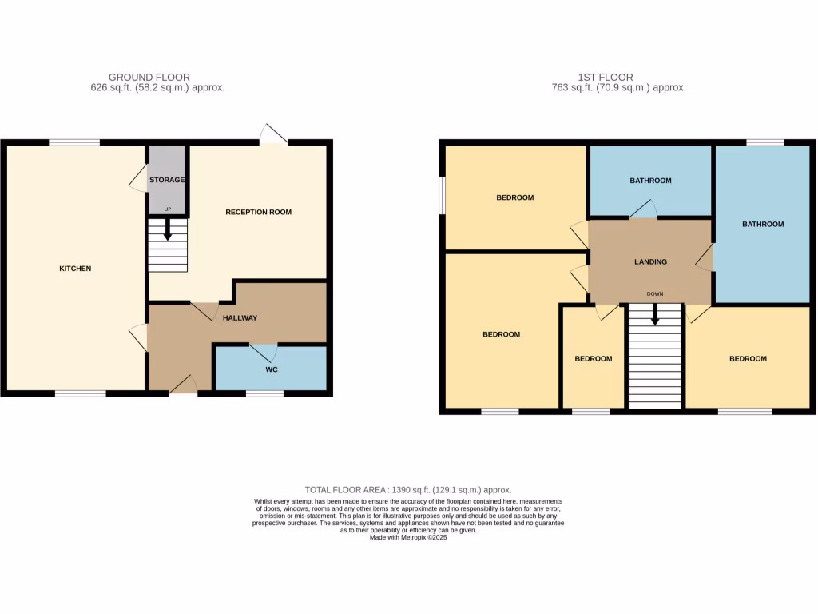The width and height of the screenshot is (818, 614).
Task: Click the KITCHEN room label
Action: pyautogui.click(x=76, y=269)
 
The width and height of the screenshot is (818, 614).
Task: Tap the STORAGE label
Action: pyautogui.click(x=167, y=181)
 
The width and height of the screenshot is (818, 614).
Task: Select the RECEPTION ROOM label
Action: pyautogui.click(x=258, y=213)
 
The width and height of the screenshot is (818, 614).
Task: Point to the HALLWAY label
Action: pyautogui.click(x=240, y=318)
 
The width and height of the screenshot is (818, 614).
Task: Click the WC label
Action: pyautogui.click(x=272, y=371)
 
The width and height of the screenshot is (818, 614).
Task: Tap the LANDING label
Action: pyautogui.click(x=650, y=262)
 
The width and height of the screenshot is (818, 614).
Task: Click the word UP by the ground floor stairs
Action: pyautogui.click(x=168, y=210)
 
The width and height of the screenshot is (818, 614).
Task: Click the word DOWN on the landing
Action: pyautogui.click(x=655, y=294)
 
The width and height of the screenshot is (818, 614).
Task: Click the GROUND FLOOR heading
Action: pyautogui.click(x=149, y=78)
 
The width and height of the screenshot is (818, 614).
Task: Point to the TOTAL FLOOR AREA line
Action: pyautogui.click(x=408, y=490)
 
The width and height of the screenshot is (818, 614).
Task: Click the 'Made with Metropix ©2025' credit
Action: pyautogui.click(x=408, y=538)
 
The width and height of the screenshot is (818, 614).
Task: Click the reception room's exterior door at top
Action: pyautogui.click(x=273, y=134)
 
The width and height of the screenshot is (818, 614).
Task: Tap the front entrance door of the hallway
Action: pyautogui.click(x=185, y=385)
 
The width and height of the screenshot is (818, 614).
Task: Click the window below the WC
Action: pyautogui.click(x=264, y=393)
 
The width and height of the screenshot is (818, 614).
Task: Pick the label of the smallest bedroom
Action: pyautogui.click(x=594, y=359)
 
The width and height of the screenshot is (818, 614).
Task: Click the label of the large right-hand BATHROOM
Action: pyautogui.click(x=763, y=225)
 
